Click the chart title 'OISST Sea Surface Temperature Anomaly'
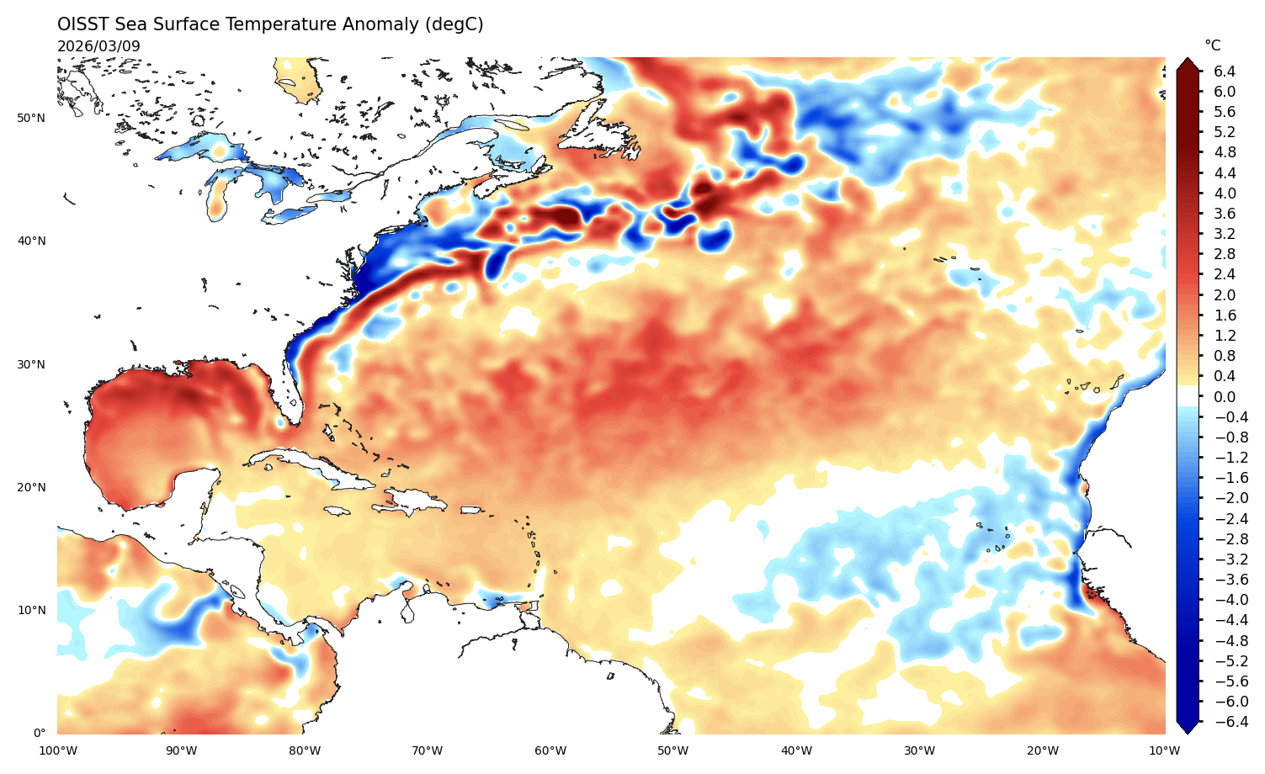(270, 24)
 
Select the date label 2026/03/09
(98, 46)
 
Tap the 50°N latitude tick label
(31, 118)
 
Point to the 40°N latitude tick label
(31, 241)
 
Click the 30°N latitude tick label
(31, 364)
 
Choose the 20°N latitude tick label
(31, 487)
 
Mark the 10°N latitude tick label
(31, 610)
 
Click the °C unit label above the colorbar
(1212, 45)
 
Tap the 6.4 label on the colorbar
(1225, 72)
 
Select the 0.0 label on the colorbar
(1225, 396)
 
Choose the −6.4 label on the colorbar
(1227, 722)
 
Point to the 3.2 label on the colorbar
(1225, 234)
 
